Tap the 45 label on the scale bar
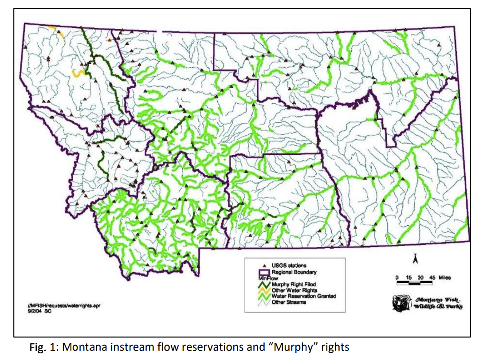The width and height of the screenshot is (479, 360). click(x=432, y=278)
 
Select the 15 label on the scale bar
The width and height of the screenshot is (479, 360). click(x=409, y=278)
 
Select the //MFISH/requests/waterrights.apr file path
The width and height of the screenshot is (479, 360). click(x=60, y=305)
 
